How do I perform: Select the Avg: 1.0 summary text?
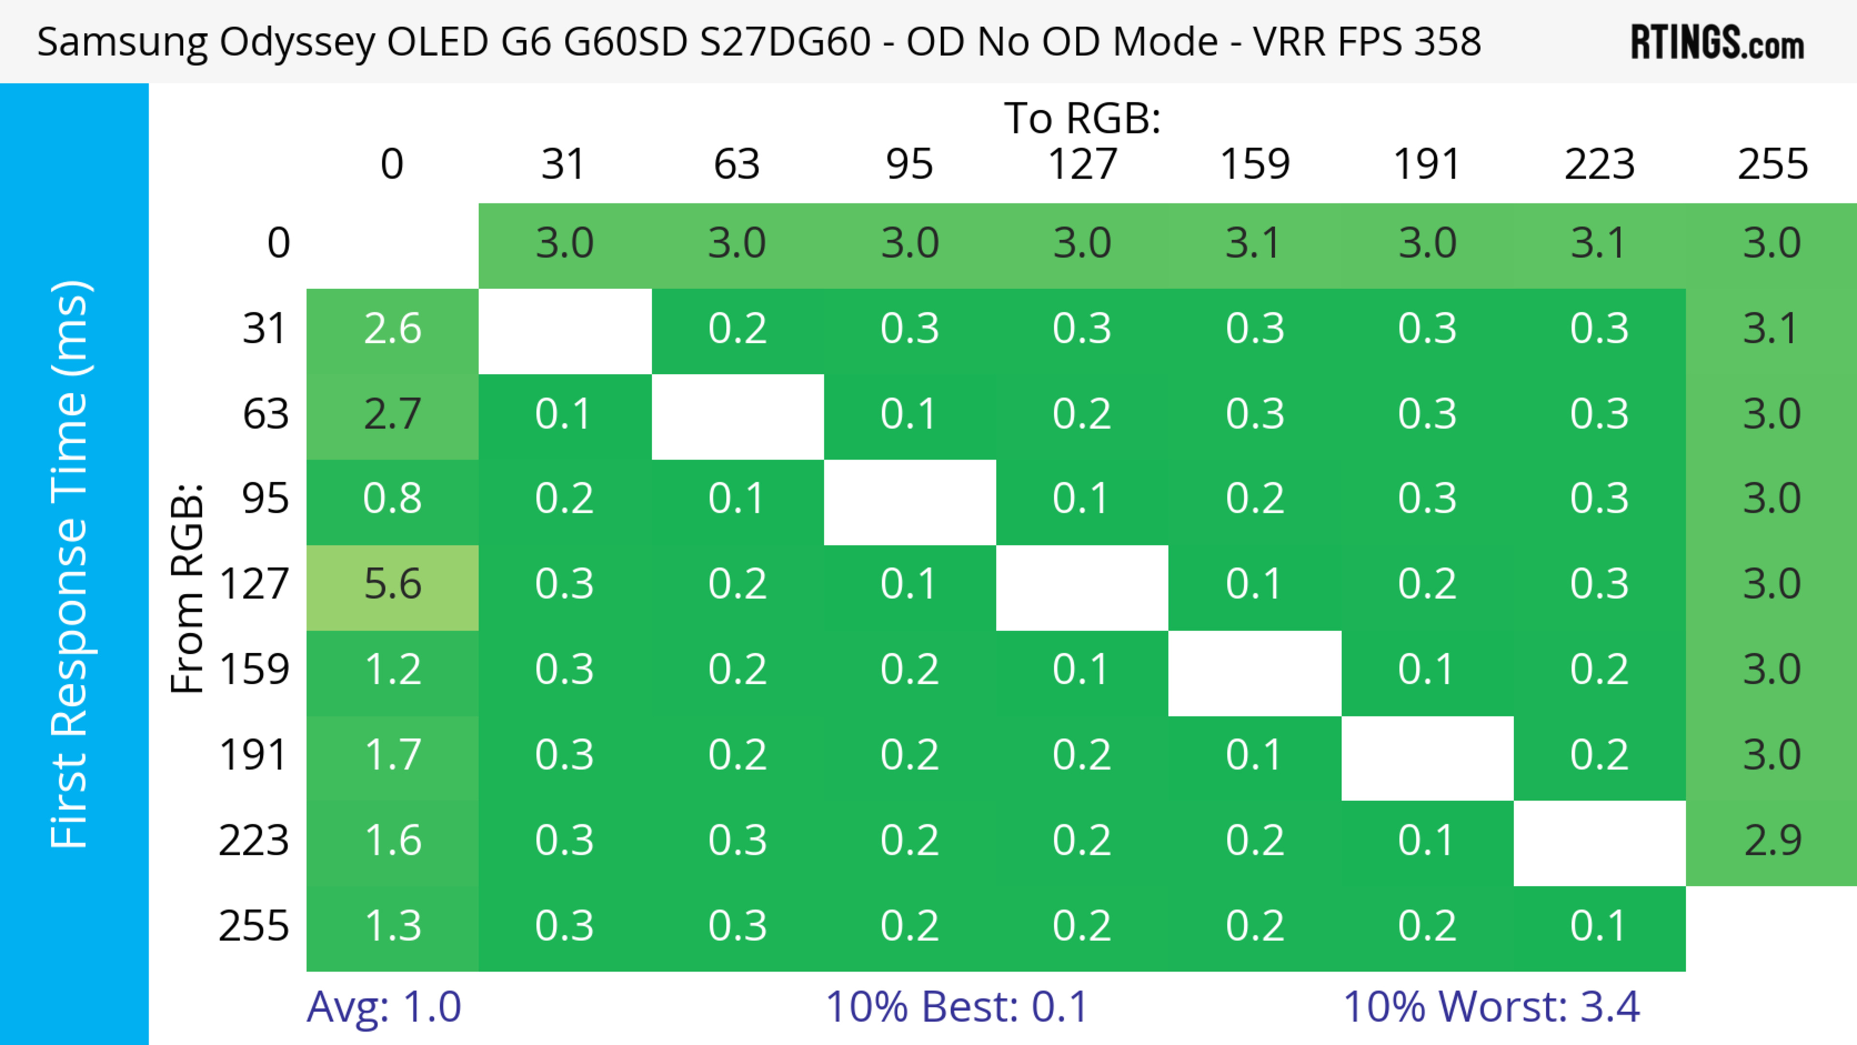pyautogui.click(x=383, y=1007)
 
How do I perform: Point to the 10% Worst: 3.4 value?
pyautogui.click(x=1491, y=1007)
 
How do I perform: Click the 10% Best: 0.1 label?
pyautogui.click(x=956, y=1007)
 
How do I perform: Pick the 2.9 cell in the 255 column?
pyautogui.click(x=1772, y=841)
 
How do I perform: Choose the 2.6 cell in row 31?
pyautogui.click(x=392, y=329)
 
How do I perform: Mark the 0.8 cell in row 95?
pyautogui.click(x=392, y=499)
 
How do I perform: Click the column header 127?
pyautogui.click(x=1082, y=164)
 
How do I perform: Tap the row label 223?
pyautogui.click(x=254, y=841)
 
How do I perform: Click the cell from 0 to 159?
pyautogui.click(x=1254, y=244)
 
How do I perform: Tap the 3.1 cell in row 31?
pyautogui.click(x=1772, y=329)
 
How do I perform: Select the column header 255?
pyautogui.click(x=1772, y=164)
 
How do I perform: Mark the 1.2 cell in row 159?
pyautogui.click(x=392, y=670)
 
